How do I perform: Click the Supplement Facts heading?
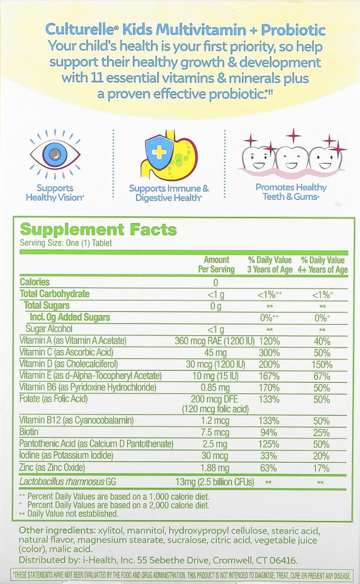(98, 230)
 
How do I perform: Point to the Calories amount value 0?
(215, 283)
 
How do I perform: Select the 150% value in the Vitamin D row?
(322, 365)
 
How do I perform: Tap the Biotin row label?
(29, 432)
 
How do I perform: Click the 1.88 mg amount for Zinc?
(216, 468)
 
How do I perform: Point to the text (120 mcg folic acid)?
(215, 409)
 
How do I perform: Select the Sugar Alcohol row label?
(52, 329)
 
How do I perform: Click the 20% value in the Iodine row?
(322, 456)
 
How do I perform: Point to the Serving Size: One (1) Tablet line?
(66, 243)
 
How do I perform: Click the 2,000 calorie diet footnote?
(118, 505)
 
